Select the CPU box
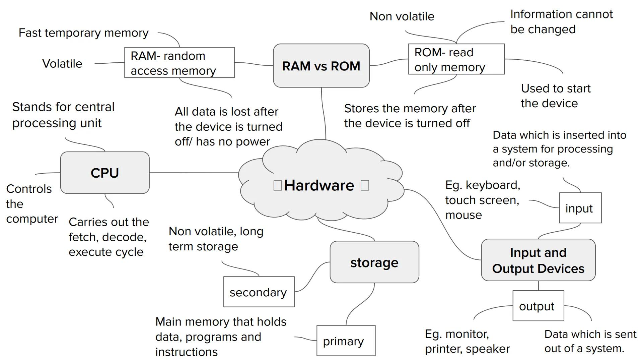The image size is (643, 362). click(105, 173)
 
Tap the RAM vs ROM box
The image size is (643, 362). click(321, 66)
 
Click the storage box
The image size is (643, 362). click(374, 262)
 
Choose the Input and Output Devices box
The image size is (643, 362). click(538, 260)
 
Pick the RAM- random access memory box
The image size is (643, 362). click(179, 63)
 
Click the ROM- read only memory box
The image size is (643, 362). click(456, 59)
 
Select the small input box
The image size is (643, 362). click(580, 208)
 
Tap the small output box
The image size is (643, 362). click(538, 306)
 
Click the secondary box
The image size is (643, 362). click(259, 292)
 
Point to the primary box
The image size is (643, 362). click(346, 341)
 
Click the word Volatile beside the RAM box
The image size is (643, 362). click(62, 63)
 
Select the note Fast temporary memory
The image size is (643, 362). click(83, 33)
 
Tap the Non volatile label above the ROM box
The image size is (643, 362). click(402, 16)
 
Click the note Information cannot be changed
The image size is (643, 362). click(561, 22)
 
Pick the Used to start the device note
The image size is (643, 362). click(555, 96)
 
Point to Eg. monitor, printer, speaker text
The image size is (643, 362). click(467, 341)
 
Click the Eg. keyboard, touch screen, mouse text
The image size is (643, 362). click(482, 200)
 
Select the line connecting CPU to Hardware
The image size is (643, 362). click(194, 173)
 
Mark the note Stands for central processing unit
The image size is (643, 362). click(63, 115)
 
